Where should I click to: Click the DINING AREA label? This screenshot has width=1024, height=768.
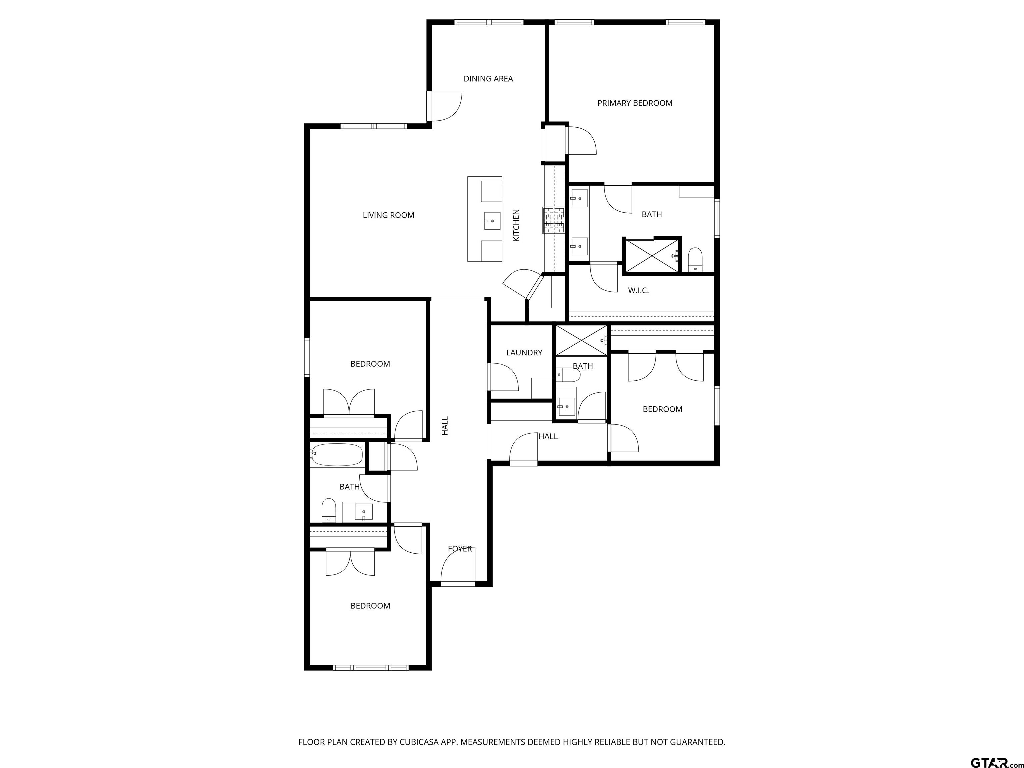click(x=488, y=79)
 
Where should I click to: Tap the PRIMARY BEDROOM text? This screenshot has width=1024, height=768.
click(x=635, y=103)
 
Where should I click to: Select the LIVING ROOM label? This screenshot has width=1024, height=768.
click(x=388, y=215)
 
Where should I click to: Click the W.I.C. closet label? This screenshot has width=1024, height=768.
click(x=638, y=291)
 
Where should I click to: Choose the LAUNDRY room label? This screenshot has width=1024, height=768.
click(x=524, y=353)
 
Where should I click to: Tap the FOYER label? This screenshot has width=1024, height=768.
click(x=460, y=549)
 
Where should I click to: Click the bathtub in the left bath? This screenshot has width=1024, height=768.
click(x=337, y=455)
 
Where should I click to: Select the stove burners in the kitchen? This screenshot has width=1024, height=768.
click(x=554, y=220)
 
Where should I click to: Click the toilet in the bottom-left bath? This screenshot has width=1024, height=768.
click(x=329, y=510)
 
